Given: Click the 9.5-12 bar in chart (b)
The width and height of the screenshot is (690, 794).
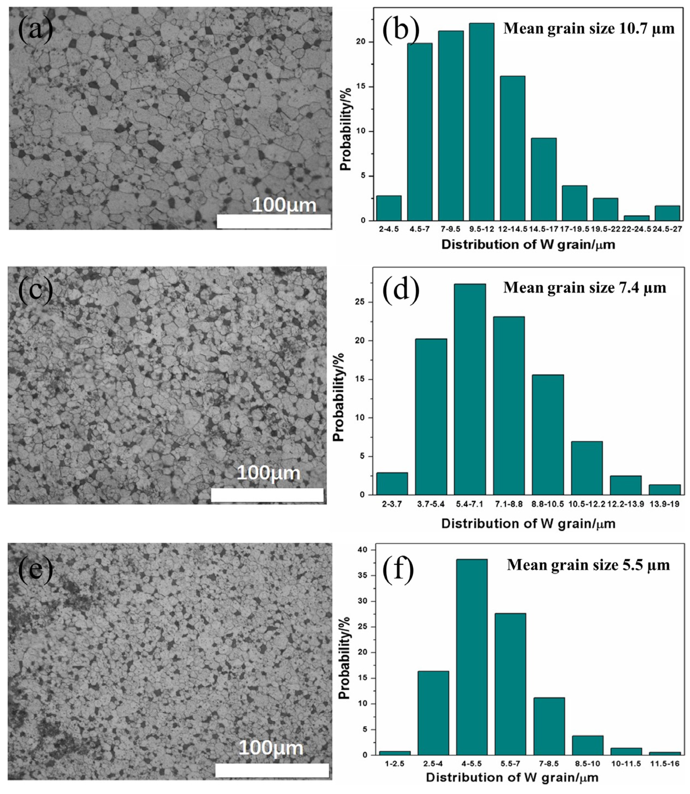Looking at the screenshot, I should [481, 122].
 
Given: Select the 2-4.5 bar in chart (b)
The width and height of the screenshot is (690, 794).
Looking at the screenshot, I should [389, 208].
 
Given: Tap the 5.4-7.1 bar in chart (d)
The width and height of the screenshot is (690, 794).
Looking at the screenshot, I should [470, 390].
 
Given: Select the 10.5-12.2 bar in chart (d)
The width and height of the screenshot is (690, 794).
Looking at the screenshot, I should [587, 468].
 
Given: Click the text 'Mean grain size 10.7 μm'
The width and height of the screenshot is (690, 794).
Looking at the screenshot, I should [589, 29].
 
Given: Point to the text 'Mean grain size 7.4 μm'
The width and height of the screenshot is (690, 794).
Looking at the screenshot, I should [585, 288].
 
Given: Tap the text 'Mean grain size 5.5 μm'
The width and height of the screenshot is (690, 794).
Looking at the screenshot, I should [588, 565].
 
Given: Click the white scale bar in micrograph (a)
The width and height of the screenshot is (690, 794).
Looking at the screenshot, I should [274, 221].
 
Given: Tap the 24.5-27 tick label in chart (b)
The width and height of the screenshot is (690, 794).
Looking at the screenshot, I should [667, 229].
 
